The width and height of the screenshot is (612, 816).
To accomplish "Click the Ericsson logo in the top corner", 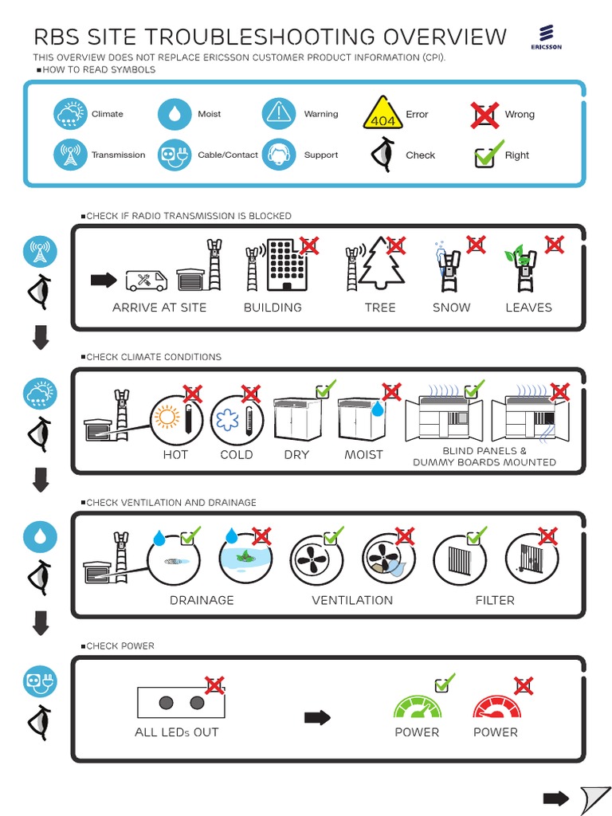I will pyautogui.click(x=547, y=37).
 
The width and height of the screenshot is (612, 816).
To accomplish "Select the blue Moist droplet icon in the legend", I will pyautogui.click(x=175, y=114).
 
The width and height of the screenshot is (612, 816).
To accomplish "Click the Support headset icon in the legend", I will pyautogui.click(x=279, y=155).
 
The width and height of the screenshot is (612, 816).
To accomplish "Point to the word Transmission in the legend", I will pyautogui.click(x=118, y=155).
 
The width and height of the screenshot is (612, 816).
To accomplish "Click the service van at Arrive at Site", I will pyautogui.click(x=147, y=280).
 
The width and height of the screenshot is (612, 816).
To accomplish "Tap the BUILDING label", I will pyautogui.click(x=273, y=308).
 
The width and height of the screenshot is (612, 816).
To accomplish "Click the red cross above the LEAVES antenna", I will pyautogui.click(x=553, y=245).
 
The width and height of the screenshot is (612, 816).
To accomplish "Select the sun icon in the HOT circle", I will pyautogui.click(x=169, y=418).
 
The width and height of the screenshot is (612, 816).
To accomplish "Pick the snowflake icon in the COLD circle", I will pyautogui.click(x=229, y=420).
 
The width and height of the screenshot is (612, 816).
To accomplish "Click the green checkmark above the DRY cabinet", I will pyautogui.click(x=325, y=390).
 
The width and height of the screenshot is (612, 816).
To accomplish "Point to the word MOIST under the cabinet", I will pyautogui.click(x=363, y=455).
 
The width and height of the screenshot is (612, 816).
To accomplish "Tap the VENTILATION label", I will pyautogui.click(x=352, y=600).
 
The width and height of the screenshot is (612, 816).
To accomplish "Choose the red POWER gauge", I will pyautogui.click(x=496, y=706).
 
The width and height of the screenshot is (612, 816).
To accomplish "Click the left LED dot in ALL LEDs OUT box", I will pyautogui.click(x=166, y=703).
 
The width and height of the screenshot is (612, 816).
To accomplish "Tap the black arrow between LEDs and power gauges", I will pyautogui.click(x=317, y=718).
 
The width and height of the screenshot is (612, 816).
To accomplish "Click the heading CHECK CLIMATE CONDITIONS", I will pyautogui.click(x=154, y=357).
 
